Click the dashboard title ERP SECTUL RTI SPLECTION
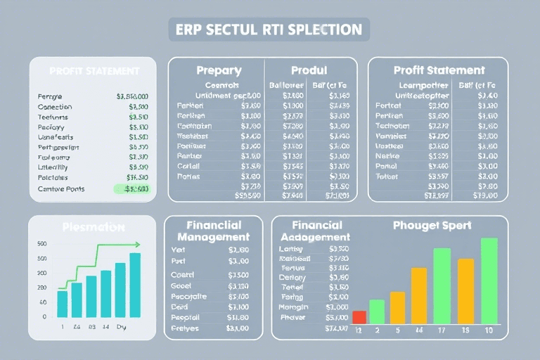click(269, 30)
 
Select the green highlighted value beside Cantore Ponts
click(132, 188)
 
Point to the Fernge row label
click(49, 96)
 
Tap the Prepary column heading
click(219, 70)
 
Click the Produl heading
click(309, 70)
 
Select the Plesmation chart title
click(92, 227)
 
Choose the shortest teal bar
click(62, 303)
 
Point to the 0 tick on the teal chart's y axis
click(44, 316)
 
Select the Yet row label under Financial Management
click(178, 249)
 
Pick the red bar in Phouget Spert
click(359, 317)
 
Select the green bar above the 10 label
click(489, 281)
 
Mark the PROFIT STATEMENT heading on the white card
click(94, 71)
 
